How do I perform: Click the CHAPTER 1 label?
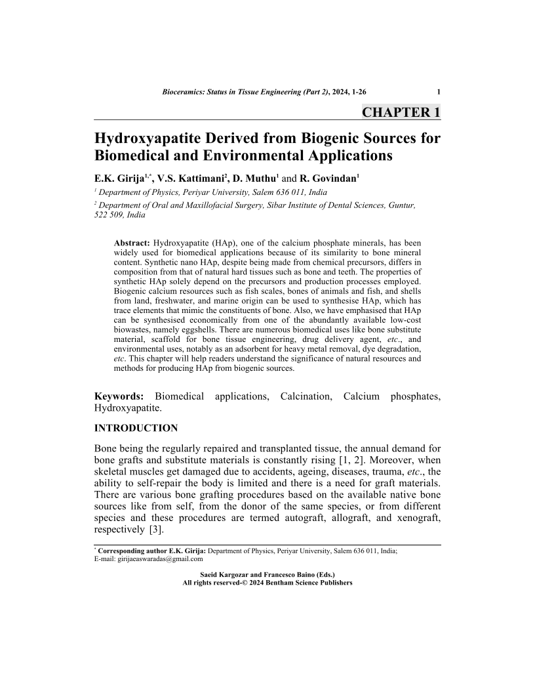coord(401,112)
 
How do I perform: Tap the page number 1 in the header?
coord(438,92)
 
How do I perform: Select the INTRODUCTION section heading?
coord(136,429)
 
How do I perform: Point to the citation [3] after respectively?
coord(157,530)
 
